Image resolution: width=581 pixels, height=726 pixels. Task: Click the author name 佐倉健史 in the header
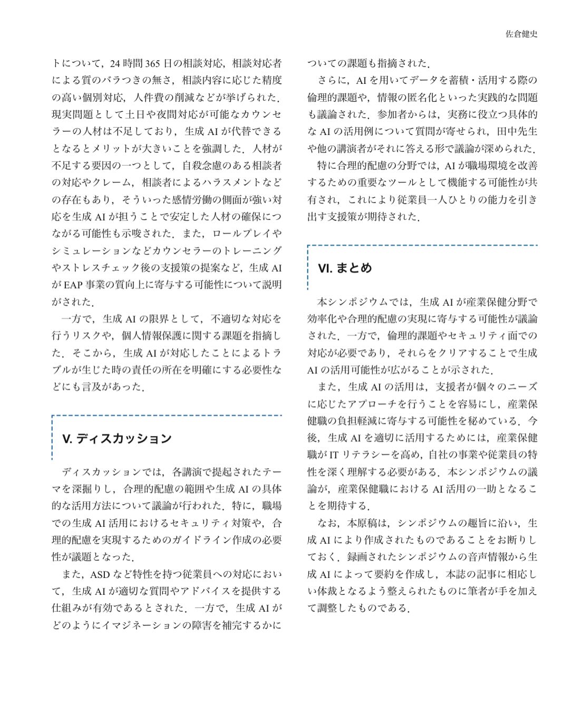pos(521,34)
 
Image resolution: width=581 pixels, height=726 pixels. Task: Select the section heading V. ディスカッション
pos(117,439)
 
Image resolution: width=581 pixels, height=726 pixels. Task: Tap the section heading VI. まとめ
pos(345,268)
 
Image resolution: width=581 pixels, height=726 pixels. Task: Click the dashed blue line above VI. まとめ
pos(422,245)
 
